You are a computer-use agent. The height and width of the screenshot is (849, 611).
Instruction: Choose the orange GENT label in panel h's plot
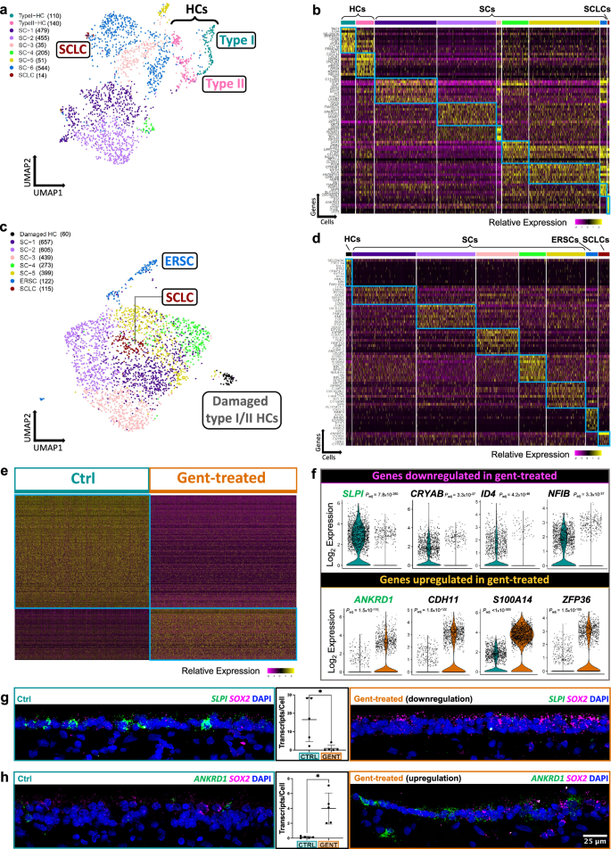[328, 843]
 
